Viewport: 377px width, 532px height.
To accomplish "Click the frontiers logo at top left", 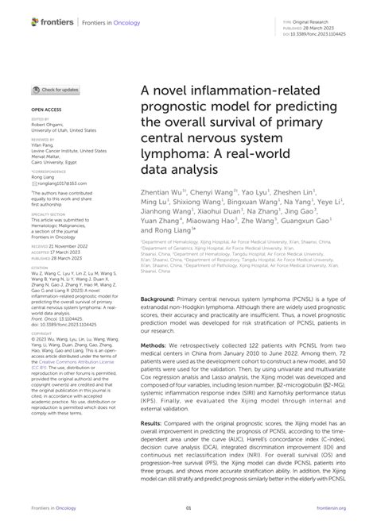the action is tap(50, 22).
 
